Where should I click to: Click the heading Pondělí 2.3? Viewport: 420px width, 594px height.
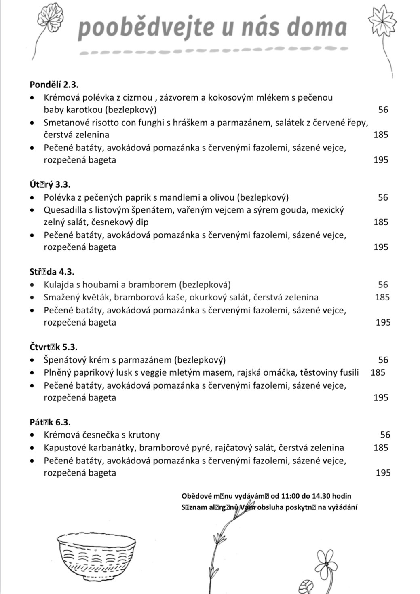point(54,85)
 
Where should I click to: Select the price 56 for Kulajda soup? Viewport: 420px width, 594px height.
point(383,285)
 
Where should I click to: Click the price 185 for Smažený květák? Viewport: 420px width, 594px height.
point(382,297)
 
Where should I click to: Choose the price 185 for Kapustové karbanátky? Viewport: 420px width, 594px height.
point(381,448)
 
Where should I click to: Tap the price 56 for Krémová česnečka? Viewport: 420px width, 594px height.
point(385,435)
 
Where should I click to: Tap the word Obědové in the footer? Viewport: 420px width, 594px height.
point(196,496)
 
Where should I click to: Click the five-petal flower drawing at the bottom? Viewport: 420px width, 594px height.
point(326,563)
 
